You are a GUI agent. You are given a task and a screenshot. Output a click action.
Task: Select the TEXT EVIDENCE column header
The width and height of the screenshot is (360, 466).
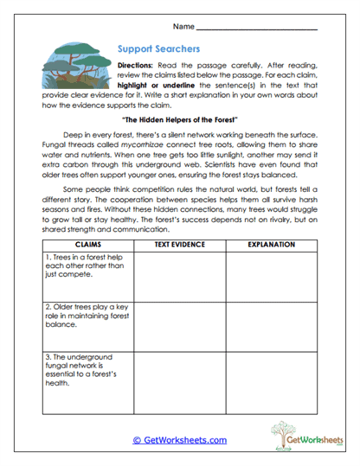pyautogui.click(x=179, y=245)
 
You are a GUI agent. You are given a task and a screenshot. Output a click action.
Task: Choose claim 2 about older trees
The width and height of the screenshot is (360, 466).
pyautogui.click(x=80, y=316)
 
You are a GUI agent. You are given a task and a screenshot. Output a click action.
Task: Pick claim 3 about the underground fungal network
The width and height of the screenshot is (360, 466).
pyautogui.click(x=80, y=370)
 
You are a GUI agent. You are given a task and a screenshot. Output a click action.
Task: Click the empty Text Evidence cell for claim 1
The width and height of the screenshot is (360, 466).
pyautogui.click(x=179, y=275)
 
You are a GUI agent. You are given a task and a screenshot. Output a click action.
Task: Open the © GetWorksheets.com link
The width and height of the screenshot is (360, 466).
pyautogui.click(x=179, y=439)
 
